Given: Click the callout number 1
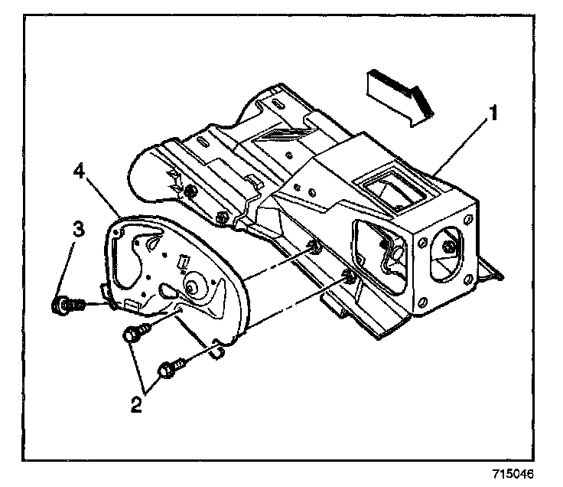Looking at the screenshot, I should pos(494,115).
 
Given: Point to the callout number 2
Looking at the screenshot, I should pos(135,403).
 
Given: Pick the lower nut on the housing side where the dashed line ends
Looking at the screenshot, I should pos(349,274).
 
